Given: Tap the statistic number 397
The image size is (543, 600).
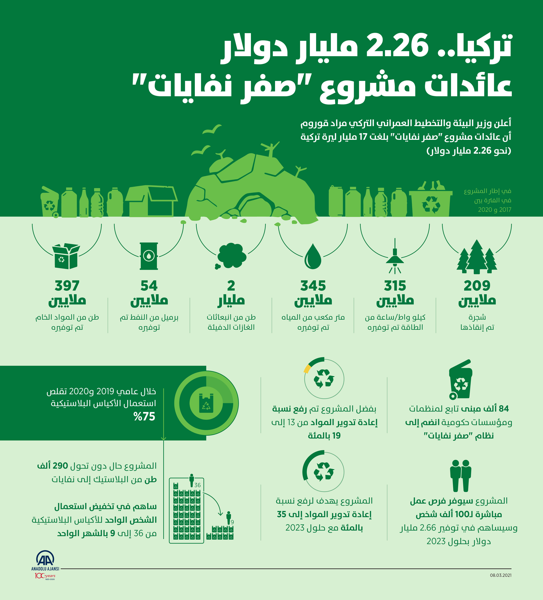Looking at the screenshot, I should pos(67,286).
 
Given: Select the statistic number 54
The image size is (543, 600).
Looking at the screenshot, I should pos(149,286).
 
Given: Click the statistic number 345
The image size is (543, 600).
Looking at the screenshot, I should pos(313,286).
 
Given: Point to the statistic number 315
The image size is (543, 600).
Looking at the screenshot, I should pos(395,286).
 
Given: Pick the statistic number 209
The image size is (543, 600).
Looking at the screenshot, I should pos(477,286).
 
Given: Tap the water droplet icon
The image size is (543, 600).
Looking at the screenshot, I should pos(313,257).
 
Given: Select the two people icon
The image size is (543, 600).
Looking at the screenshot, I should pos(461,475).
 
